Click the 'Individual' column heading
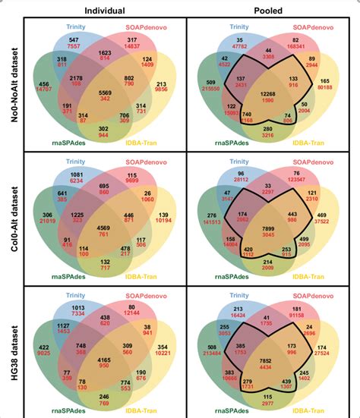105,11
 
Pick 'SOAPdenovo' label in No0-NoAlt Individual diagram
148,27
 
